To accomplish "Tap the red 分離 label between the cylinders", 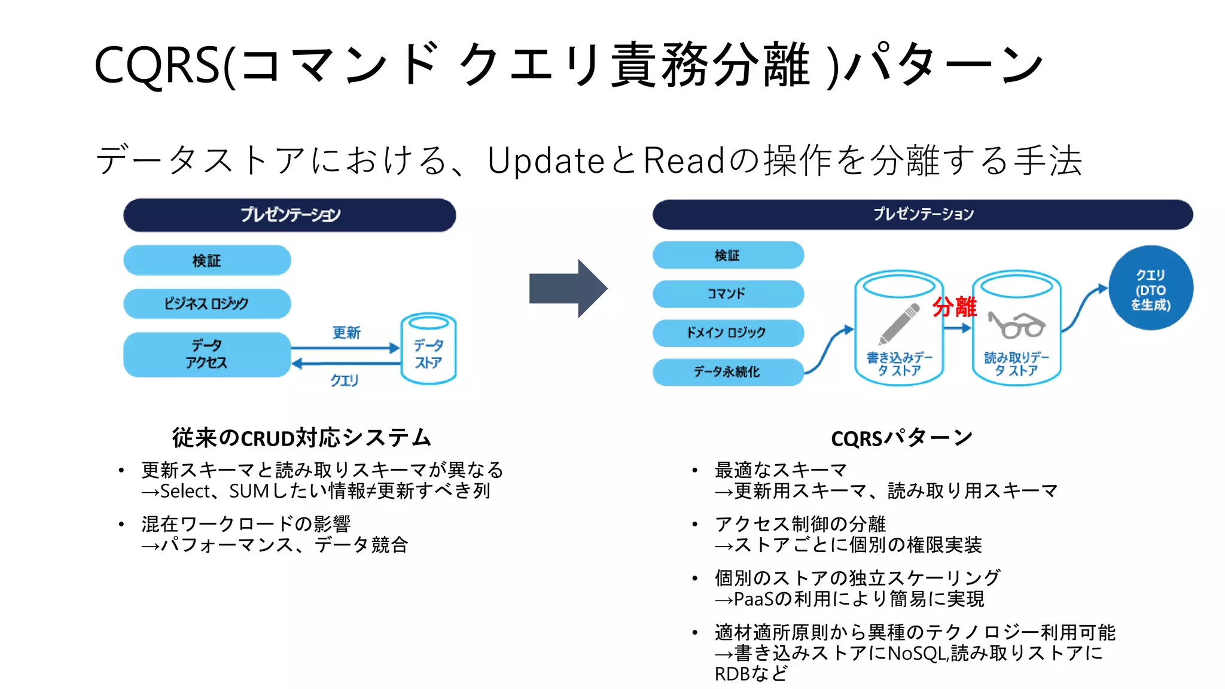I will (955, 307).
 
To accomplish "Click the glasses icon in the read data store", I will (1016, 325).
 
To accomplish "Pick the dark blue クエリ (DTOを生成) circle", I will (1150, 288).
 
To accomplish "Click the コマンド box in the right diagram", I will (728, 294).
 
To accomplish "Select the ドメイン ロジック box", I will (728, 333).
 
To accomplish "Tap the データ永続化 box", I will (728, 372).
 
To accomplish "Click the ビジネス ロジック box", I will (207, 303).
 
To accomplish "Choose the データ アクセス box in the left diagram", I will (207, 354).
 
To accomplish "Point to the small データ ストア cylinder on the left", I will (428, 349).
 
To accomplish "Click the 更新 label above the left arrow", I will (346, 333).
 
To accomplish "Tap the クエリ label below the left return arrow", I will (345, 380).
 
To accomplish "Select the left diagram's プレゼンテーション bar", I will (290, 215).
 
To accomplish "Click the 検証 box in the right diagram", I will (728, 255).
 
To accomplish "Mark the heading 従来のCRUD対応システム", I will (301, 438).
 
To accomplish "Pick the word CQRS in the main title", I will (157, 65).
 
